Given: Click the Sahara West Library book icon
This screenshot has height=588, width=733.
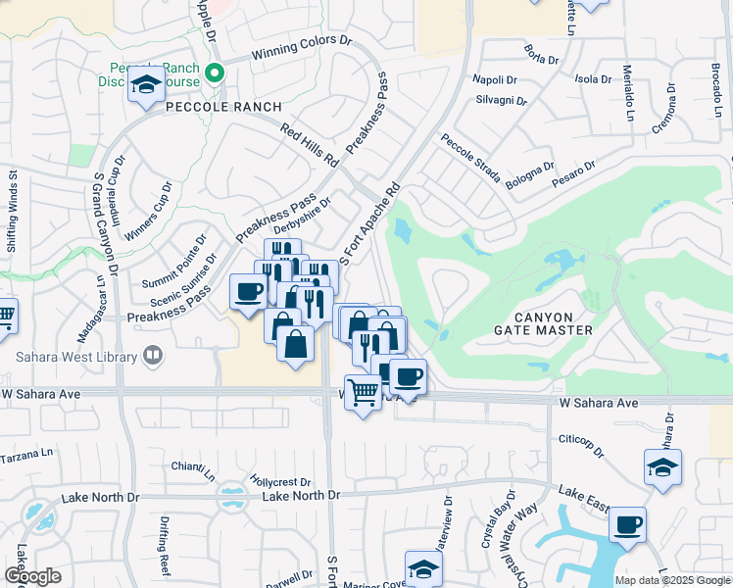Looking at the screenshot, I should (x=152, y=357).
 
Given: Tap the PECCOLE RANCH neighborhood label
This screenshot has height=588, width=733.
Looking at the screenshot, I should (x=223, y=107).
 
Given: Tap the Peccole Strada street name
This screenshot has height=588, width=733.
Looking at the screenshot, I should (x=470, y=159).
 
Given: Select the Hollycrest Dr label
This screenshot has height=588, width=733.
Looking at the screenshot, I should (x=280, y=482).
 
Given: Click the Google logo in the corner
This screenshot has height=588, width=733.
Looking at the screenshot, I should (x=32, y=576).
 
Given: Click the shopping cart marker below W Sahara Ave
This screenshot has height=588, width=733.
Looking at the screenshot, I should (x=363, y=393).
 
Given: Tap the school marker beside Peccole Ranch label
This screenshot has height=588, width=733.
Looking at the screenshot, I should (x=146, y=85).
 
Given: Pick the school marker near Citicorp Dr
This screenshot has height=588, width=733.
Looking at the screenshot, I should (x=662, y=467).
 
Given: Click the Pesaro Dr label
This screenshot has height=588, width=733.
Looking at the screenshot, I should (x=574, y=171).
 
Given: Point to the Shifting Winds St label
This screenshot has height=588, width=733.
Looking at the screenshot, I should (x=13, y=212).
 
